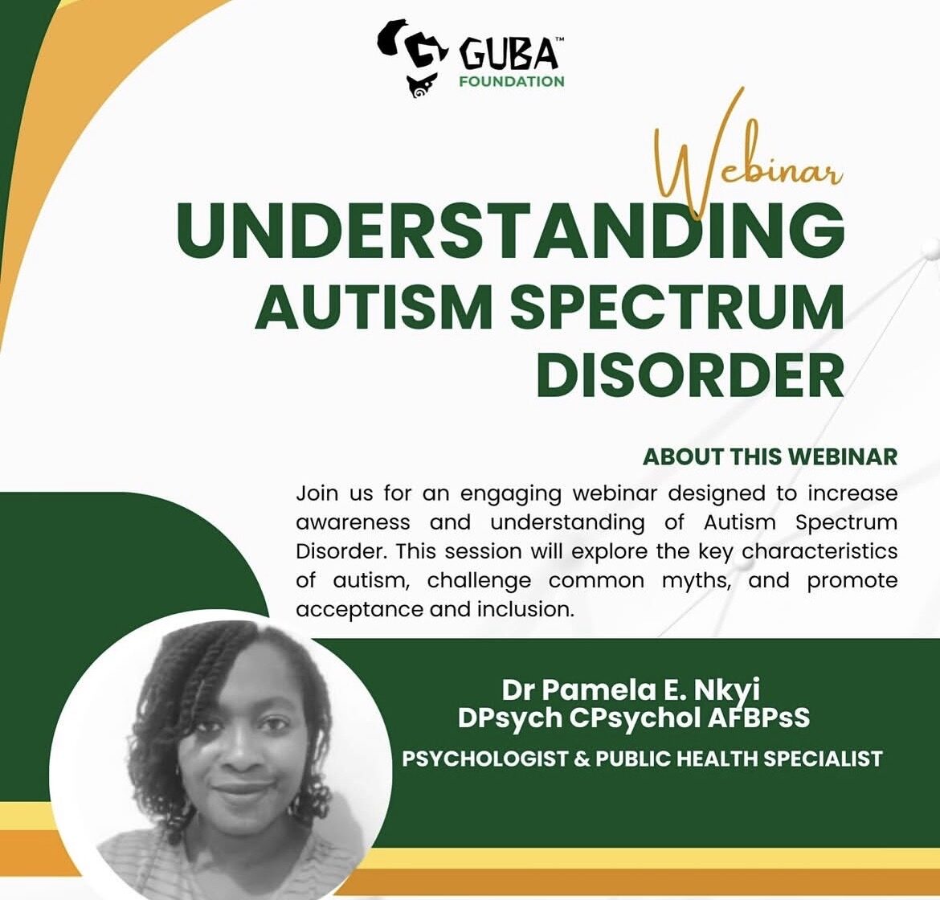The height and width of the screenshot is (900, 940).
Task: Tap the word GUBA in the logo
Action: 509,55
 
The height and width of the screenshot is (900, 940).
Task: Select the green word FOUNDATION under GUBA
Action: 511,81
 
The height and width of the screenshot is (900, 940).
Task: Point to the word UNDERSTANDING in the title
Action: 510,229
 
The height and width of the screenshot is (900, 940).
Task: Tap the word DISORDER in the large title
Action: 690,375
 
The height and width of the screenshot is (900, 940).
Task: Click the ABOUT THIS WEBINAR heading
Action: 770,457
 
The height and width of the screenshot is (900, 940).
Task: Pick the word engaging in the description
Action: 511,495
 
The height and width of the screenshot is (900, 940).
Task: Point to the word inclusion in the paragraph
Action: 521,609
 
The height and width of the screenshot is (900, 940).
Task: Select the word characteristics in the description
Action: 819,551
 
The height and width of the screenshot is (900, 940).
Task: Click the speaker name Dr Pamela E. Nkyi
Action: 631,690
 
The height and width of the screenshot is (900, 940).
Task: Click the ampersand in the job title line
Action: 582,759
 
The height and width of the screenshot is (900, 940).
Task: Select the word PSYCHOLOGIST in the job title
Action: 485,759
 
